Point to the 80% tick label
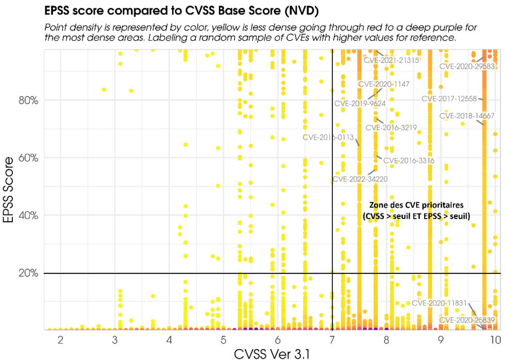(x=28, y=100)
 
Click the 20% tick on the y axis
(x=28, y=273)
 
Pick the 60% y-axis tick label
(x=28, y=158)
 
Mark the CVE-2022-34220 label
(x=360, y=179)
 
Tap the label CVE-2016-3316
(x=409, y=160)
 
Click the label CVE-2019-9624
(x=360, y=103)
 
